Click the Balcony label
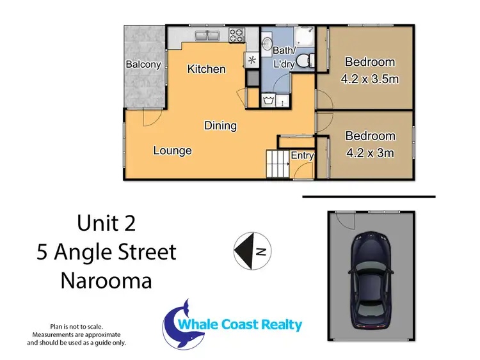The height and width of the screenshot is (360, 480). pos(143,65)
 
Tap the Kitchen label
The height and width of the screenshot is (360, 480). pos(206,68)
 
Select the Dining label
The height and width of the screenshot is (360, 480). pos(220,125)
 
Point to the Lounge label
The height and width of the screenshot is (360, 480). pos(172,151)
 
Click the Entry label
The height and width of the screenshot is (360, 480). pos(302,155)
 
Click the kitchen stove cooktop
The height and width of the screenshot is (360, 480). pos(236,35)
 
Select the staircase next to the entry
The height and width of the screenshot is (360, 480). pos(277,164)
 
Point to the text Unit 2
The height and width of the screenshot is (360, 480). pos(106,224)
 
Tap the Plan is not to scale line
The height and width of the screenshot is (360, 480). pos(76,326)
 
